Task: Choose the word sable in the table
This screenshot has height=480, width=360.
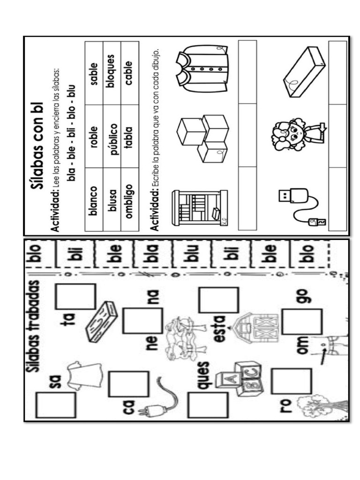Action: tap(93, 74)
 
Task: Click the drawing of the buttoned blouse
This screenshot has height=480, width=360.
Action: tap(201, 70)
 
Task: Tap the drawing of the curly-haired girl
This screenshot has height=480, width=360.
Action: tap(295, 134)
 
